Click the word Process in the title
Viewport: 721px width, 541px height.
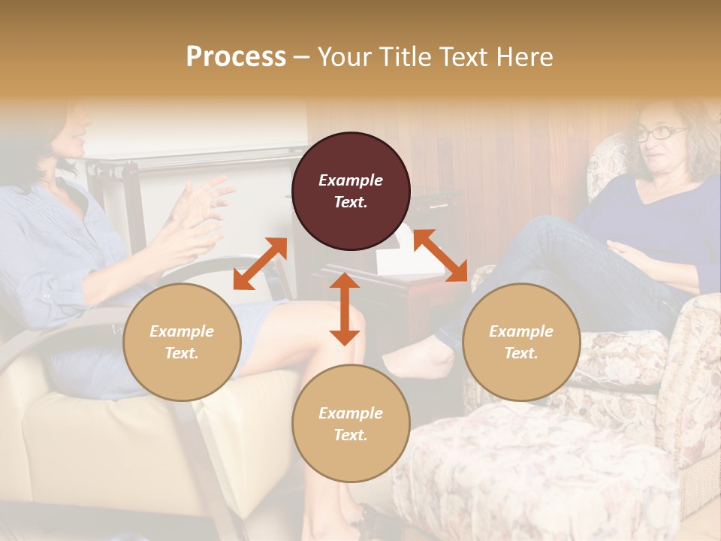click(x=236, y=57)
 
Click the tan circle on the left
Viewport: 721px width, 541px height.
click(x=182, y=342)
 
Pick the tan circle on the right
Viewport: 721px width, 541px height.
click(x=521, y=342)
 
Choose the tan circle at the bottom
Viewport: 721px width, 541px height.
click(x=351, y=423)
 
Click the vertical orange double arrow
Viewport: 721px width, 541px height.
click(x=345, y=309)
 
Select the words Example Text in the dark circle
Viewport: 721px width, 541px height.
click(x=351, y=191)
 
